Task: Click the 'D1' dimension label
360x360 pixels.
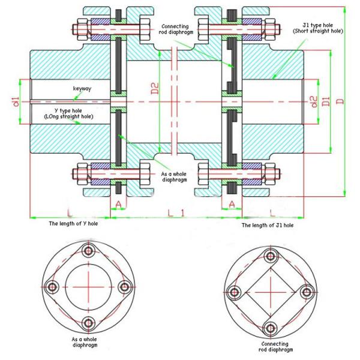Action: coord(326,100)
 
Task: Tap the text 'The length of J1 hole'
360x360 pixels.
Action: coord(268,225)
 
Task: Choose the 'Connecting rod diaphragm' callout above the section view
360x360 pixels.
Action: coord(181,29)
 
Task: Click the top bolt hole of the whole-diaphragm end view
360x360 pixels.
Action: coord(89,251)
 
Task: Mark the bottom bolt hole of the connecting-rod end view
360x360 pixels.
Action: coord(270,328)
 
